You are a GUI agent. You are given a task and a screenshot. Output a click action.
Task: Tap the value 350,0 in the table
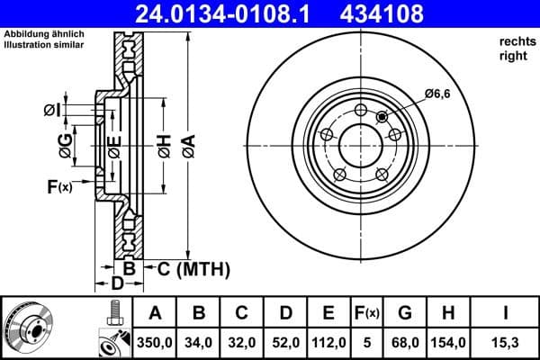pyautogui.click(x=154, y=343)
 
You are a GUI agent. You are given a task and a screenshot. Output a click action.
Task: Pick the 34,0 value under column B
pyautogui.click(x=199, y=343)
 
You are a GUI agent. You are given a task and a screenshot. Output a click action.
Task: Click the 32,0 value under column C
pyautogui.click(x=242, y=343)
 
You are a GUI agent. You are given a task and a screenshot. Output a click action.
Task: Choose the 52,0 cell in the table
pyautogui.click(x=285, y=343)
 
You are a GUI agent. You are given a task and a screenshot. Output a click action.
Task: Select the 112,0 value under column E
pyautogui.click(x=328, y=343)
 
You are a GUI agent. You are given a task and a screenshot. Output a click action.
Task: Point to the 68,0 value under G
pyautogui.click(x=405, y=343)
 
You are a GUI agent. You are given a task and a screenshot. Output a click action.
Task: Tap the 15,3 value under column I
pyautogui.click(x=506, y=343)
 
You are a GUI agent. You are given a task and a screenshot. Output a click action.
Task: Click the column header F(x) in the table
pyautogui.click(x=366, y=313)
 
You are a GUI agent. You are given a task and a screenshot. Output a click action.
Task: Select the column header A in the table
pyautogui.click(x=154, y=313)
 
